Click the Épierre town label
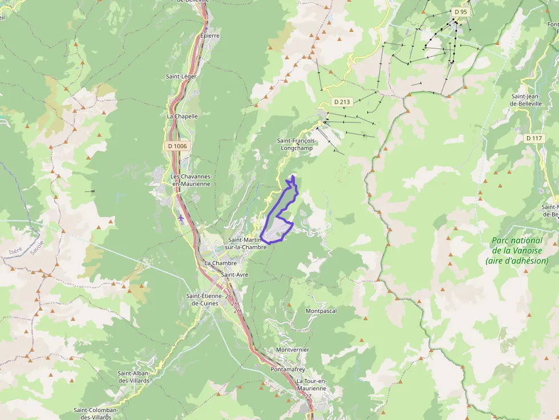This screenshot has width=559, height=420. (x=209, y=35)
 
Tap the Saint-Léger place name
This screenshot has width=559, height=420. (x=181, y=76)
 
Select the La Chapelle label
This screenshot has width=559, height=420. (x=182, y=116)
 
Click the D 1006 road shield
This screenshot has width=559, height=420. (x=177, y=146)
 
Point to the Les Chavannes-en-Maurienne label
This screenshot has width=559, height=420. (x=191, y=180)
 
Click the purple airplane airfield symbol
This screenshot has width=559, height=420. (x=181, y=217)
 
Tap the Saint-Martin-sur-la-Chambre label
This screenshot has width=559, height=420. (x=246, y=244)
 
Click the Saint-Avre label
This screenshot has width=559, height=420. (x=234, y=275)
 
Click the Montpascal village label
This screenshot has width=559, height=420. (x=321, y=311)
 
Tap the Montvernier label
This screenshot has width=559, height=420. (x=292, y=349)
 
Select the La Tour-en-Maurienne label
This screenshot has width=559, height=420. (x=311, y=385)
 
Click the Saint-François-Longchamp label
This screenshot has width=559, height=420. (x=296, y=144)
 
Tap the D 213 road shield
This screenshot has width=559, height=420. (x=342, y=102)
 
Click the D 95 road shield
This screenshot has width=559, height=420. (x=460, y=11)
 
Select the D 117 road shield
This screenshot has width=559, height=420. (x=534, y=138)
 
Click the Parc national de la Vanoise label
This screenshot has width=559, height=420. (x=517, y=250)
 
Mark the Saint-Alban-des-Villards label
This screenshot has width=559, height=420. (x=133, y=377)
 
